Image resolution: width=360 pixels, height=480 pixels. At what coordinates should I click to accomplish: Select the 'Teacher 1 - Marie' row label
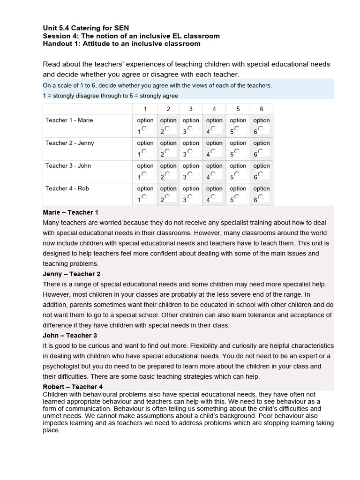click(x=69, y=120)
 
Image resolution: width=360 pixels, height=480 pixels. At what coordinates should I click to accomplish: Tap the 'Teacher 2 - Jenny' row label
click(x=69, y=143)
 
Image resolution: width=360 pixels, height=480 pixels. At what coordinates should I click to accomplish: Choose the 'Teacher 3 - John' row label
click(x=68, y=166)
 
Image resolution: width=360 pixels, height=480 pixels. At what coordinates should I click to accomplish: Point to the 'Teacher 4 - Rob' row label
click(x=67, y=188)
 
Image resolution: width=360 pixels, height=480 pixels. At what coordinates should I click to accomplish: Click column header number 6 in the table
click(x=261, y=109)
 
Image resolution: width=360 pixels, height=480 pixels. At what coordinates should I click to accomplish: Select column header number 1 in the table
click(x=145, y=109)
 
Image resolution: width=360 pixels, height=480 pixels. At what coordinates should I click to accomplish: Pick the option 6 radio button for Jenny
click(x=261, y=151)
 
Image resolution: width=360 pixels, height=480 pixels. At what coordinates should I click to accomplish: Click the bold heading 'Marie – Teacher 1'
click(x=70, y=212)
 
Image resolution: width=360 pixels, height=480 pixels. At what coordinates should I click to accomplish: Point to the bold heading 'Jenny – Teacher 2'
click(x=71, y=274)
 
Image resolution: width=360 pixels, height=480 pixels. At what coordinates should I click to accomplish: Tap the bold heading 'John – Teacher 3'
click(x=70, y=336)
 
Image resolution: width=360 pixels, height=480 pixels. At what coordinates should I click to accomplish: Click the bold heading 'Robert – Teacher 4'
click(x=73, y=387)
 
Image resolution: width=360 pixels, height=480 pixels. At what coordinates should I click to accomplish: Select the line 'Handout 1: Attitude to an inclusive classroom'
click(x=121, y=44)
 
